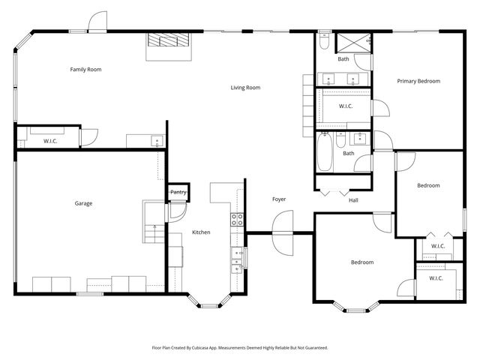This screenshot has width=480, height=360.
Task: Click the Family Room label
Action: pos(85,70)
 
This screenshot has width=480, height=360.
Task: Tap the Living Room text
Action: pos(245,88)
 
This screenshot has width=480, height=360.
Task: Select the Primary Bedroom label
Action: pos(418,81)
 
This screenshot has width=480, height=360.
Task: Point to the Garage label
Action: pos(83,203)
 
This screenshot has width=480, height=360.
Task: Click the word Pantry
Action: pos(178,193)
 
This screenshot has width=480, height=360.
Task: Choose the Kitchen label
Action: pos(201,232)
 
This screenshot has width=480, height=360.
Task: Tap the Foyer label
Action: pos(279,199)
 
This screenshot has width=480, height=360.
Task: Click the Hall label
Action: pos(353,200)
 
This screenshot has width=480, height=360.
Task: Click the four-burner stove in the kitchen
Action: pos(237,220)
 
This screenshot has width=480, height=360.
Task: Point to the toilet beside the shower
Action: pos(323,43)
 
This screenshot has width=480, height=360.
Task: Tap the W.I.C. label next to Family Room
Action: pos(50,141)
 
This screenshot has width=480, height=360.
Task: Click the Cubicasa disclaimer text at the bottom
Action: pos(240,348)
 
